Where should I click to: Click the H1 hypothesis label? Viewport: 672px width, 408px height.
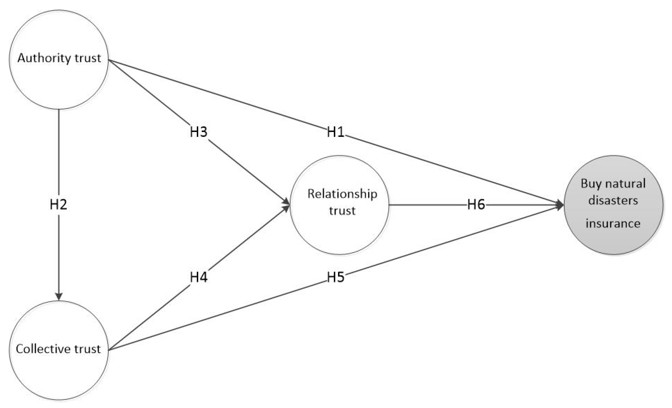click(335, 132)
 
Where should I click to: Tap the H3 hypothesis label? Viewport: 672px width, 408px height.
click(199, 132)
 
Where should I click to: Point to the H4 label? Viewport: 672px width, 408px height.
click(199, 277)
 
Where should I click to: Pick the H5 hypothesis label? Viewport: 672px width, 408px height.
click(335, 277)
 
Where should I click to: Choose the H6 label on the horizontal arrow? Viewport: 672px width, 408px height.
click(476, 204)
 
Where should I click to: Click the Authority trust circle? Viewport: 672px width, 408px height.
click(59, 82)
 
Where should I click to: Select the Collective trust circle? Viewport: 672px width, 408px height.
click(59, 376)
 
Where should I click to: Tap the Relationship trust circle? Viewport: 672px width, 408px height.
click(340, 232)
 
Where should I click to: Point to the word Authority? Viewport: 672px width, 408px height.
click(44, 58)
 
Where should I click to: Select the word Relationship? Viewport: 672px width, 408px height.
click(342, 194)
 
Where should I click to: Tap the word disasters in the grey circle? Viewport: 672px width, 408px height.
click(613, 200)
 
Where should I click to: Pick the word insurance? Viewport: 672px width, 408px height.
click(613, 224)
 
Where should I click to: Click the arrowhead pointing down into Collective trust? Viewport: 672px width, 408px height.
click(59, 296)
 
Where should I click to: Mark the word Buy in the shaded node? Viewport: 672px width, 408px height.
click(590, 184)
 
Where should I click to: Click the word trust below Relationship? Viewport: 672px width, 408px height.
click(342, 211)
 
